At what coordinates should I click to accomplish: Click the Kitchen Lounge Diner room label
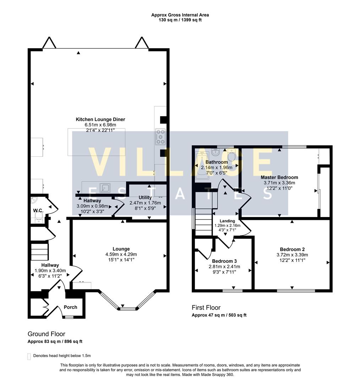click(x=100, y=120)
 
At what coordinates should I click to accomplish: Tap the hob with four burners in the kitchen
click(x=161, y=137)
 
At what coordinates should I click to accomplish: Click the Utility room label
click(x=145, y=198)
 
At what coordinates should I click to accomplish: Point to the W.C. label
click(x=38, y=210)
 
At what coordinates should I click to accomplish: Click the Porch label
click(x=70, y=307)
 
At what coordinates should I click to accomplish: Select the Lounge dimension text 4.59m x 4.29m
click(x=121, y=254)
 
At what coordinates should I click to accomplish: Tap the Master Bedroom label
click(x=279, y=177)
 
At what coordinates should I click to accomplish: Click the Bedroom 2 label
click(x=292, y=249)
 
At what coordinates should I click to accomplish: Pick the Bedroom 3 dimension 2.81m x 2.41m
click(x=224, y=267)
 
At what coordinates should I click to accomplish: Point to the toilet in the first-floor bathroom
click(x=231, y=155)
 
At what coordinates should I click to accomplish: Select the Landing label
click(x=227, y=221)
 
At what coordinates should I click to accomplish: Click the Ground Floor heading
click(x=47, y=334)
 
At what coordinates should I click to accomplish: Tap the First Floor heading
click(x=206, y=307)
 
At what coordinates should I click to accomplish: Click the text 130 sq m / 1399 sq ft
click(x=180, y=20)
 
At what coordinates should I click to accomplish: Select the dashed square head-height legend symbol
click(x=29, y=356)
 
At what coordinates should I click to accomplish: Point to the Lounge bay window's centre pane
click(x=128, y=309)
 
